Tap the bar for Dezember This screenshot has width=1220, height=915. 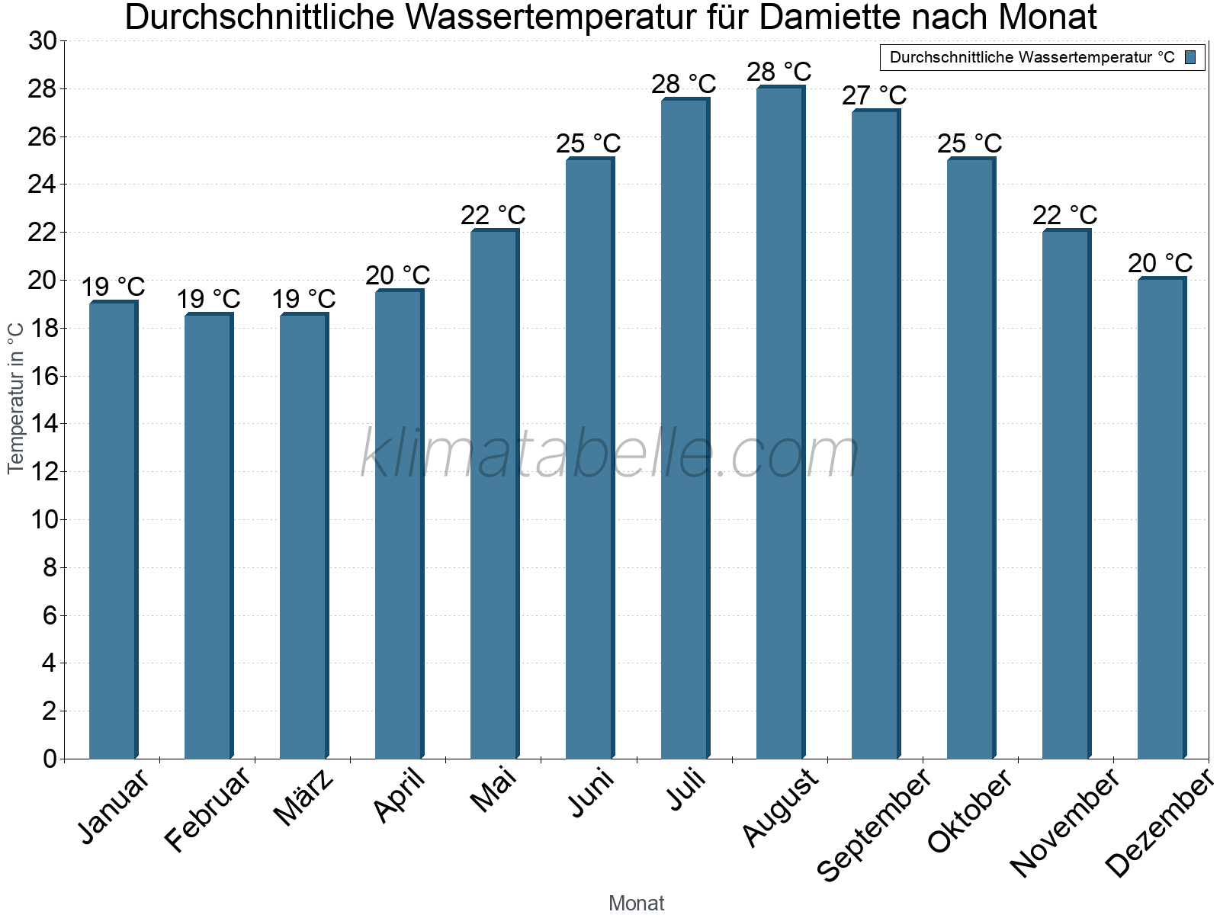[1161, 518]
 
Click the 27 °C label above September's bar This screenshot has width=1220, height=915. [875, 96]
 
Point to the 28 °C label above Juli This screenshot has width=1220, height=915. [684, 84]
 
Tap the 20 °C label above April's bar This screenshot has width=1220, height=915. [398, 275]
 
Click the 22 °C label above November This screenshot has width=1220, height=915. [1065, 216]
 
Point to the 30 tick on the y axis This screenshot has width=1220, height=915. [43, 41]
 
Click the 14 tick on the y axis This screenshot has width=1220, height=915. [43, 424]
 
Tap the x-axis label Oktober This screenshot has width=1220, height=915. [970, 811]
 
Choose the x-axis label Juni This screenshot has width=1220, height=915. [591, 793]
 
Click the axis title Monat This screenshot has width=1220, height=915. [637, 903]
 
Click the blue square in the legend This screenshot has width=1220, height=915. [1191, 57]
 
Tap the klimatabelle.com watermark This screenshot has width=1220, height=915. [610, 454]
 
